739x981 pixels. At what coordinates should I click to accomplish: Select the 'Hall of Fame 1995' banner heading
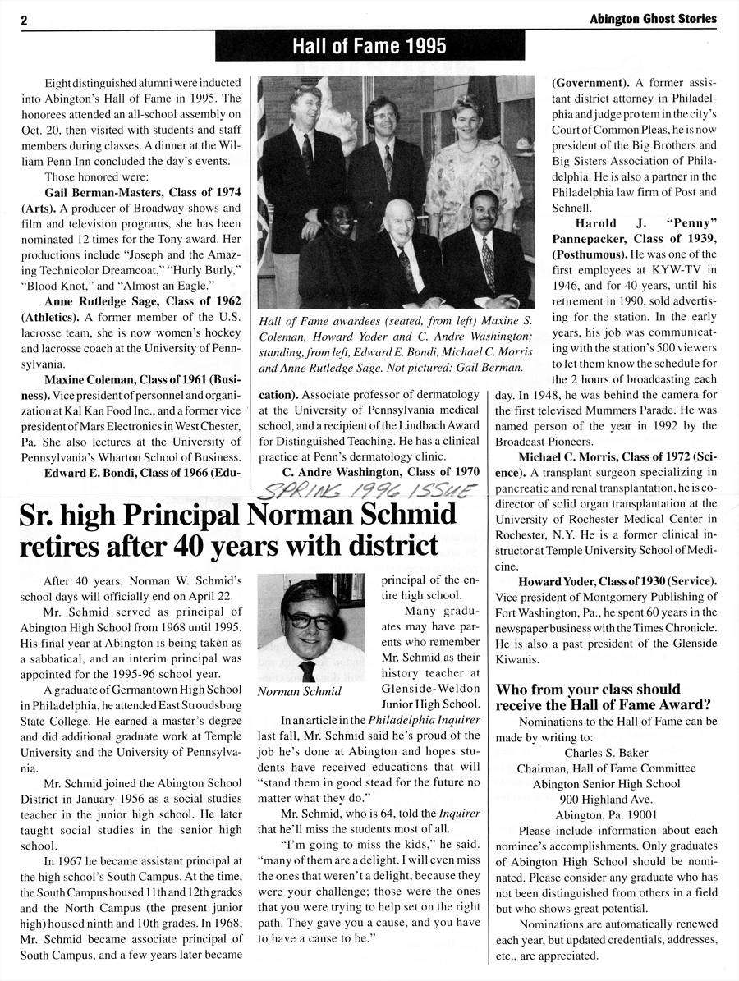tap(369, 46)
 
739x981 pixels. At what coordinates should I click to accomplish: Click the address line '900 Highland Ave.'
tap(606, 800)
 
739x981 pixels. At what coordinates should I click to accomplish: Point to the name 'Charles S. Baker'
tap(606, 753)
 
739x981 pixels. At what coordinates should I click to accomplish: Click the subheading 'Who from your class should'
tap(588, 689)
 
